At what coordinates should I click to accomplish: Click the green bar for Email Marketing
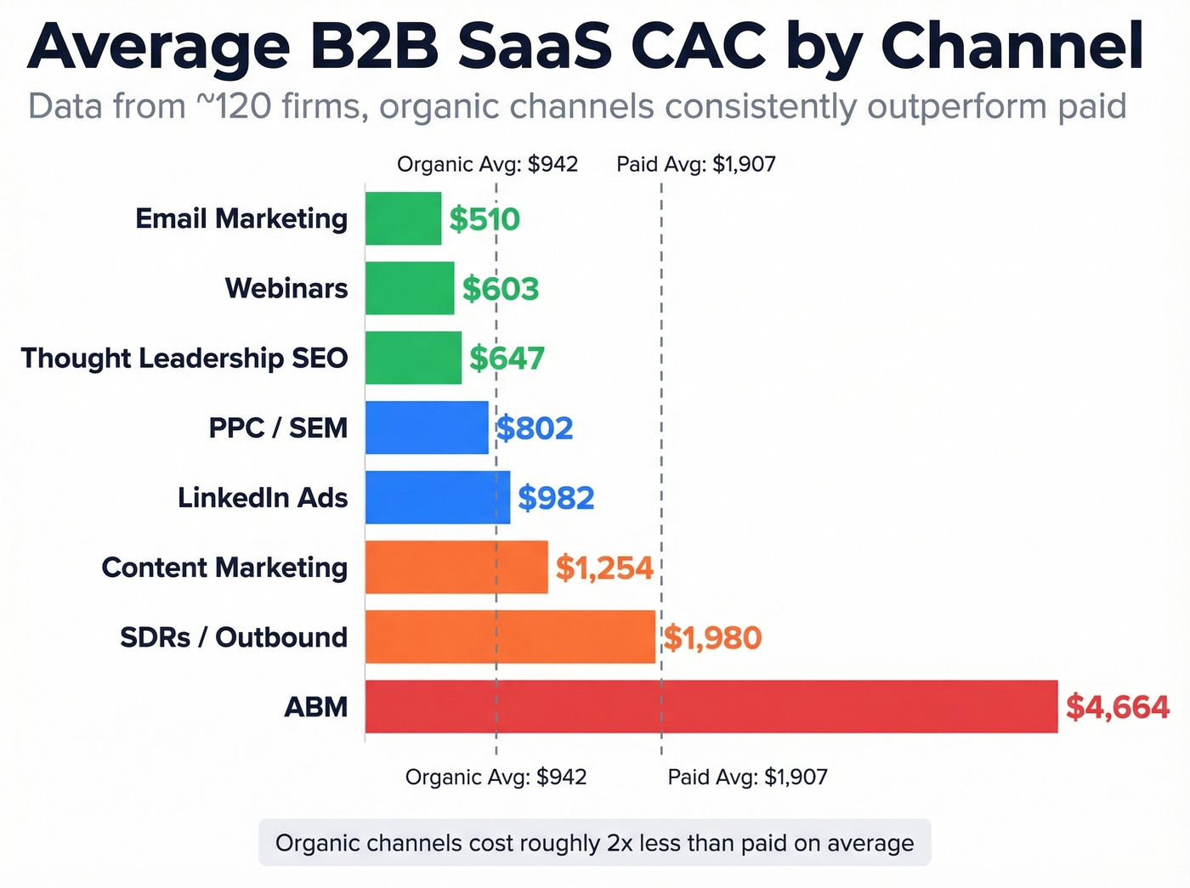(x=403, y=218)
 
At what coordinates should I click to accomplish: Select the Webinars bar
(x=410, y=288)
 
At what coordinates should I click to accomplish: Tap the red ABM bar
(x=711, y=706)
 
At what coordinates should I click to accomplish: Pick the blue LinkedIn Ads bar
(x=437, y=497)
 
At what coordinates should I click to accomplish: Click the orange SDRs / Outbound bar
(x=510, y=636)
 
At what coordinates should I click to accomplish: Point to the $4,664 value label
(x=1117, y=707)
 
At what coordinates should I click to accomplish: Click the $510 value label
(x=484, y=219)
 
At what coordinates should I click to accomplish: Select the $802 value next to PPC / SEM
(x=535, y=428)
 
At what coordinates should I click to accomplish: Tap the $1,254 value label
(x=604, y=568)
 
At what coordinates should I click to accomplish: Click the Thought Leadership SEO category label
(x=184, y=358)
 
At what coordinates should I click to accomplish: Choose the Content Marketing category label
(x=224, y=567)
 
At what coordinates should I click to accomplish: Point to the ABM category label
(x=315, y=706)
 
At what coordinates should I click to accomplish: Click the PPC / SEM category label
(x=278, y=427)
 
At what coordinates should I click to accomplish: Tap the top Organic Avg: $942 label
(x=487, y=164)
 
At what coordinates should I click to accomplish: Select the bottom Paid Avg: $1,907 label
(x=747, y=777)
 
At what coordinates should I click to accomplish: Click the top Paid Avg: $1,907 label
(x=696, y=164)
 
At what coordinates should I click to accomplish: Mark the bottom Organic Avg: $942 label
(x=496, y=777)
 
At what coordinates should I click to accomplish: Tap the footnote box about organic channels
(x=594, y=843)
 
